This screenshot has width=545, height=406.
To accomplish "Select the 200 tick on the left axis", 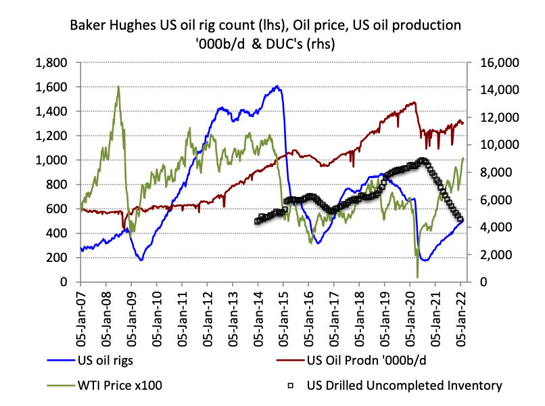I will click(x=60, y=258).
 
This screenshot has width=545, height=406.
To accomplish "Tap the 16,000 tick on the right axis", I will click(x=499, y=63).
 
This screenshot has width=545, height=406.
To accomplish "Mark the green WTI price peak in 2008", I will click(x=118, y=87).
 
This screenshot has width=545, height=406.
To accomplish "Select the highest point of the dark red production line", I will click(x=414, y=103).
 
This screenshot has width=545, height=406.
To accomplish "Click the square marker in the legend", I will click(x=290, y=386).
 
